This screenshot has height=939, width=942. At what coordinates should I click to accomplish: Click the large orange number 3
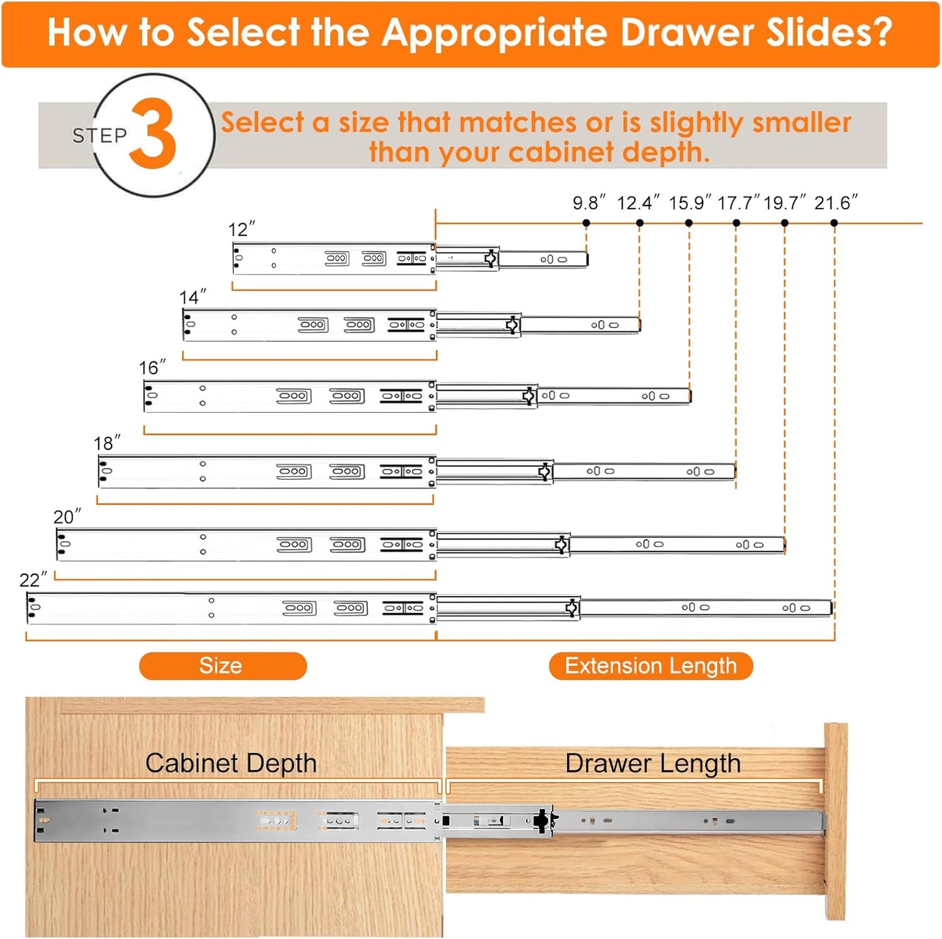click(x=153, y=134)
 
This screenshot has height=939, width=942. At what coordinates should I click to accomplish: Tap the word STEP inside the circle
click(x=100, y=136)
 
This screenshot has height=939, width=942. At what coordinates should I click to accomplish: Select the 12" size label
click(x=241, y=230)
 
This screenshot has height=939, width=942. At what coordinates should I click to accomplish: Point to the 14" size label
click(x=192, y=297)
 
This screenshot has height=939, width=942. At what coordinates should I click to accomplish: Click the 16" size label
click(x=152, y=368)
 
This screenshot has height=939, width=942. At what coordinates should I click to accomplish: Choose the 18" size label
click(x=107, y=443)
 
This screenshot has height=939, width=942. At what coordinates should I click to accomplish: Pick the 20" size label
click(x=67, y=517)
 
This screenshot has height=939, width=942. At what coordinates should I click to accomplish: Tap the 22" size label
click(x=33, y=580)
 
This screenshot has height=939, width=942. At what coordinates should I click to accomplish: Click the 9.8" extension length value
click(x=589, y=203)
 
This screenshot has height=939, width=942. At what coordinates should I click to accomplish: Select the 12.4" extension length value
click(x=638, y=203)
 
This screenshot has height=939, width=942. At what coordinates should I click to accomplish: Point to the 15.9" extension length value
click(x=690, y=203)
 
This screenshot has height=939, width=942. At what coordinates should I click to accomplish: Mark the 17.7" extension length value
click(x=739, y=203)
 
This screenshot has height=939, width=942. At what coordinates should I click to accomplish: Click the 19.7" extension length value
click(x=785, y=203)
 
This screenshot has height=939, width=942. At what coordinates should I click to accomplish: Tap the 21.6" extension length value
click(x=836, y=203)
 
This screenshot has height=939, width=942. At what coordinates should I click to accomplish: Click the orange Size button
click(x=222, y=666)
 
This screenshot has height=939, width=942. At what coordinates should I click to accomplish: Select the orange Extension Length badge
click(x=651, y=666)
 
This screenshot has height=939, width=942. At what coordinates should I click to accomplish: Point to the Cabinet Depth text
click(x=231, y=763)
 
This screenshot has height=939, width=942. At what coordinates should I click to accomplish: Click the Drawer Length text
click(x=653, y=763)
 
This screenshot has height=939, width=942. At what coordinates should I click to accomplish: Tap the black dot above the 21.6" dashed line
click(x=834, y=223)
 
